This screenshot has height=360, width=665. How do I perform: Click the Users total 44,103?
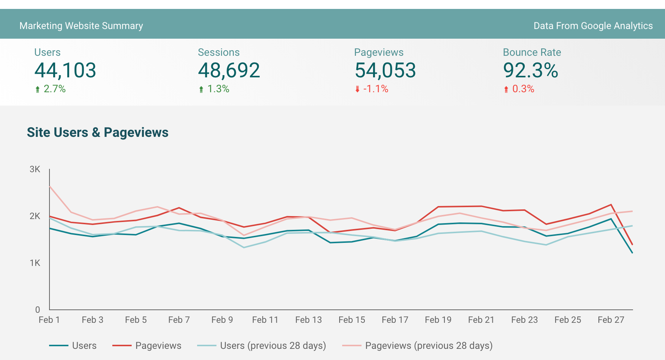[x=65, y=70]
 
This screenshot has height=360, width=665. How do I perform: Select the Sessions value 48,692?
[x=229, y=70]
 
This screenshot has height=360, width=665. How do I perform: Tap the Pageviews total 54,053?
[x=385, y=70]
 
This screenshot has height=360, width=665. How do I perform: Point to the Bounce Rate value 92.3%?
[x=530, y=70]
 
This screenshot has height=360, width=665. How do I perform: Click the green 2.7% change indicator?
[x=50, y=89]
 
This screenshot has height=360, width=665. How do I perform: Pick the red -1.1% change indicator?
[x=372, y=89]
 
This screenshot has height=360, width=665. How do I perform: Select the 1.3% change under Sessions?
[x=214, y=89]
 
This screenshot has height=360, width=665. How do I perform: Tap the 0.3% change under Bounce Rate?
[x=519, y=89]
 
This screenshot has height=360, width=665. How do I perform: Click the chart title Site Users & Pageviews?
[x=97, y=132]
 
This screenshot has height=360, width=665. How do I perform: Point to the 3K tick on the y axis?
[x=35, y=169]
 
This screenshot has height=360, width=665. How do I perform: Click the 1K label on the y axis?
[x=35, y=263]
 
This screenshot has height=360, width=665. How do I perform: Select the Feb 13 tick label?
[x=308, y=320]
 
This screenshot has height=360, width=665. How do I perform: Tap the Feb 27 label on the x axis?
[x=611, y=320]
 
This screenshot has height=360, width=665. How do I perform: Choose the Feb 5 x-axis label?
[x=136, y=320]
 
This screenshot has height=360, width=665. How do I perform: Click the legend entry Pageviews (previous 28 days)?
[x=417, y=345]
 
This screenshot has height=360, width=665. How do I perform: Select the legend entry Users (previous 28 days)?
[x=261, y=345]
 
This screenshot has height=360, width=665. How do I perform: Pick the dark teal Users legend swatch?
[x=59, y=345]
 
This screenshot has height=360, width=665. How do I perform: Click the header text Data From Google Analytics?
[x=593, y=26]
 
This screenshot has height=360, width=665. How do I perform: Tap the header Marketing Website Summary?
[x=81, y=26]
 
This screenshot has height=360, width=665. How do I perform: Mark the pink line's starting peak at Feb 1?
[x=49, y=186]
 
